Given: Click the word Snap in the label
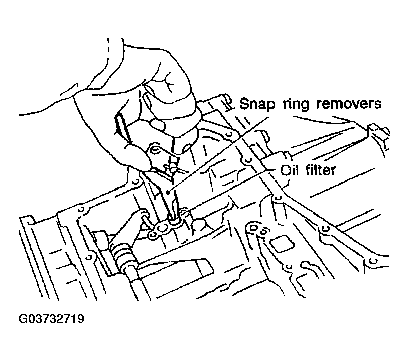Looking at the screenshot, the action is click(x=257, y=104).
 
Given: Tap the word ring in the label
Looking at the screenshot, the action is click(x=296, y=104).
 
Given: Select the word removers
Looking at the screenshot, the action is click(x=349, y=103).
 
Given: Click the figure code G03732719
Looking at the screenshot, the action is click(x=51, y=319).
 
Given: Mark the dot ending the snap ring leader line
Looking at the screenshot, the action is click(x=168, y=192).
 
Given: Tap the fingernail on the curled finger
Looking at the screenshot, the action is click(x=157, y=124).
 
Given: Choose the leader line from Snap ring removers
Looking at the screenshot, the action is click(x=219, y=154).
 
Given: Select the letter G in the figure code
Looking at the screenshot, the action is click(x=22, y=319).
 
